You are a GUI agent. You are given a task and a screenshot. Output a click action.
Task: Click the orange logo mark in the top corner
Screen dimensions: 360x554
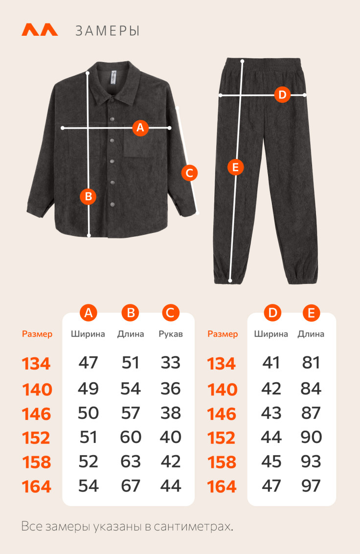click(40, 30)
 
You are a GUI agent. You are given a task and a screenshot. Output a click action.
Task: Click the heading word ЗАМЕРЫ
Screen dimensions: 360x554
click(108, 31)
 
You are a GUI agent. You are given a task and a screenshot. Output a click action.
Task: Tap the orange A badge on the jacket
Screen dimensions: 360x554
click(140, 127)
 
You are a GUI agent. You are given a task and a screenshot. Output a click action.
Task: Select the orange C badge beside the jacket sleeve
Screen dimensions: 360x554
click(189, 173)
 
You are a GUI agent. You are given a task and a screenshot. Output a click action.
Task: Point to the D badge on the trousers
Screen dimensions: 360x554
click(282, 94)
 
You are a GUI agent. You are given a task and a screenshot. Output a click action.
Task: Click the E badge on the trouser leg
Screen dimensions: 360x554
click(235, 167)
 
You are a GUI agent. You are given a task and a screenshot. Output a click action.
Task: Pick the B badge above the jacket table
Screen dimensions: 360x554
click(131, 313)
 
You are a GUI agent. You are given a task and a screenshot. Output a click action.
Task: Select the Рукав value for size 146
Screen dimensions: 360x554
click(171, 413)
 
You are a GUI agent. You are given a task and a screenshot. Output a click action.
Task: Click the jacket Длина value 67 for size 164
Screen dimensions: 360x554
click(131, 486)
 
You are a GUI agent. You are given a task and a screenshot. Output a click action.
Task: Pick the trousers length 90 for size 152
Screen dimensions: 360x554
click(311, 438)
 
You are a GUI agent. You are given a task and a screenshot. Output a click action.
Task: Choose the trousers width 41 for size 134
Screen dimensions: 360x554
click(271, 363)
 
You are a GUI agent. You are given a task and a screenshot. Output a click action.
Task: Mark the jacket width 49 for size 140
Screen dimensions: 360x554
click(88, 389)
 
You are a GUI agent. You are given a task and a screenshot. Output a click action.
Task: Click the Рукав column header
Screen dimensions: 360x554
click(171, 334)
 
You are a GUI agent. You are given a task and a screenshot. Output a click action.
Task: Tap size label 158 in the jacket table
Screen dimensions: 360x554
click(36, 462)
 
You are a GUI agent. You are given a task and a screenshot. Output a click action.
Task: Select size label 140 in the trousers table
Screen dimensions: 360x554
click(222, 390)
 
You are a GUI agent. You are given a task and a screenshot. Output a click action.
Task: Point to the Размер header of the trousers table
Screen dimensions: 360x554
click(223, 334)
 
